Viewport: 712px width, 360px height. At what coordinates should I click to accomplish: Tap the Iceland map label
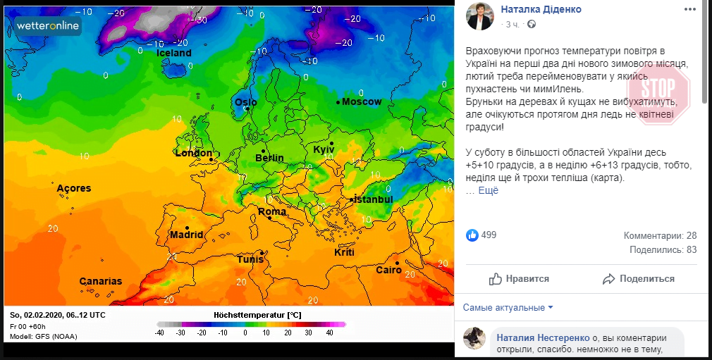click(173, 53)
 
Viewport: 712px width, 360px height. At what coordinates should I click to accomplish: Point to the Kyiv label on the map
click(324, 150)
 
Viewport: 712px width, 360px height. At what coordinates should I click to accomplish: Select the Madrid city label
click(187, 235)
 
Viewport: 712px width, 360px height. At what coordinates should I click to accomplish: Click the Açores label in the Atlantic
click(74, 188)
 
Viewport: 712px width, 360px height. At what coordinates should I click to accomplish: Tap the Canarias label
click(100, 281)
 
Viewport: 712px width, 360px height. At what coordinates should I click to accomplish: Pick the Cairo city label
click(388, 270)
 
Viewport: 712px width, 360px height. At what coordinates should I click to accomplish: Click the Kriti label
click(344, 252)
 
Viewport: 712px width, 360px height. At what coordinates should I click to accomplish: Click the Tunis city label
click(250, 259)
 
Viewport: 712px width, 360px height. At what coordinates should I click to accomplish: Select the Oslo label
click(246, 102)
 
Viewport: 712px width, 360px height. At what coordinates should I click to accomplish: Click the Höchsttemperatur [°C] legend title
click(257, 314)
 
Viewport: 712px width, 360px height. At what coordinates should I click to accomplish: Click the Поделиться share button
click(639, 279)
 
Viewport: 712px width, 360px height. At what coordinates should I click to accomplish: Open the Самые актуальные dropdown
click(508, 307)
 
